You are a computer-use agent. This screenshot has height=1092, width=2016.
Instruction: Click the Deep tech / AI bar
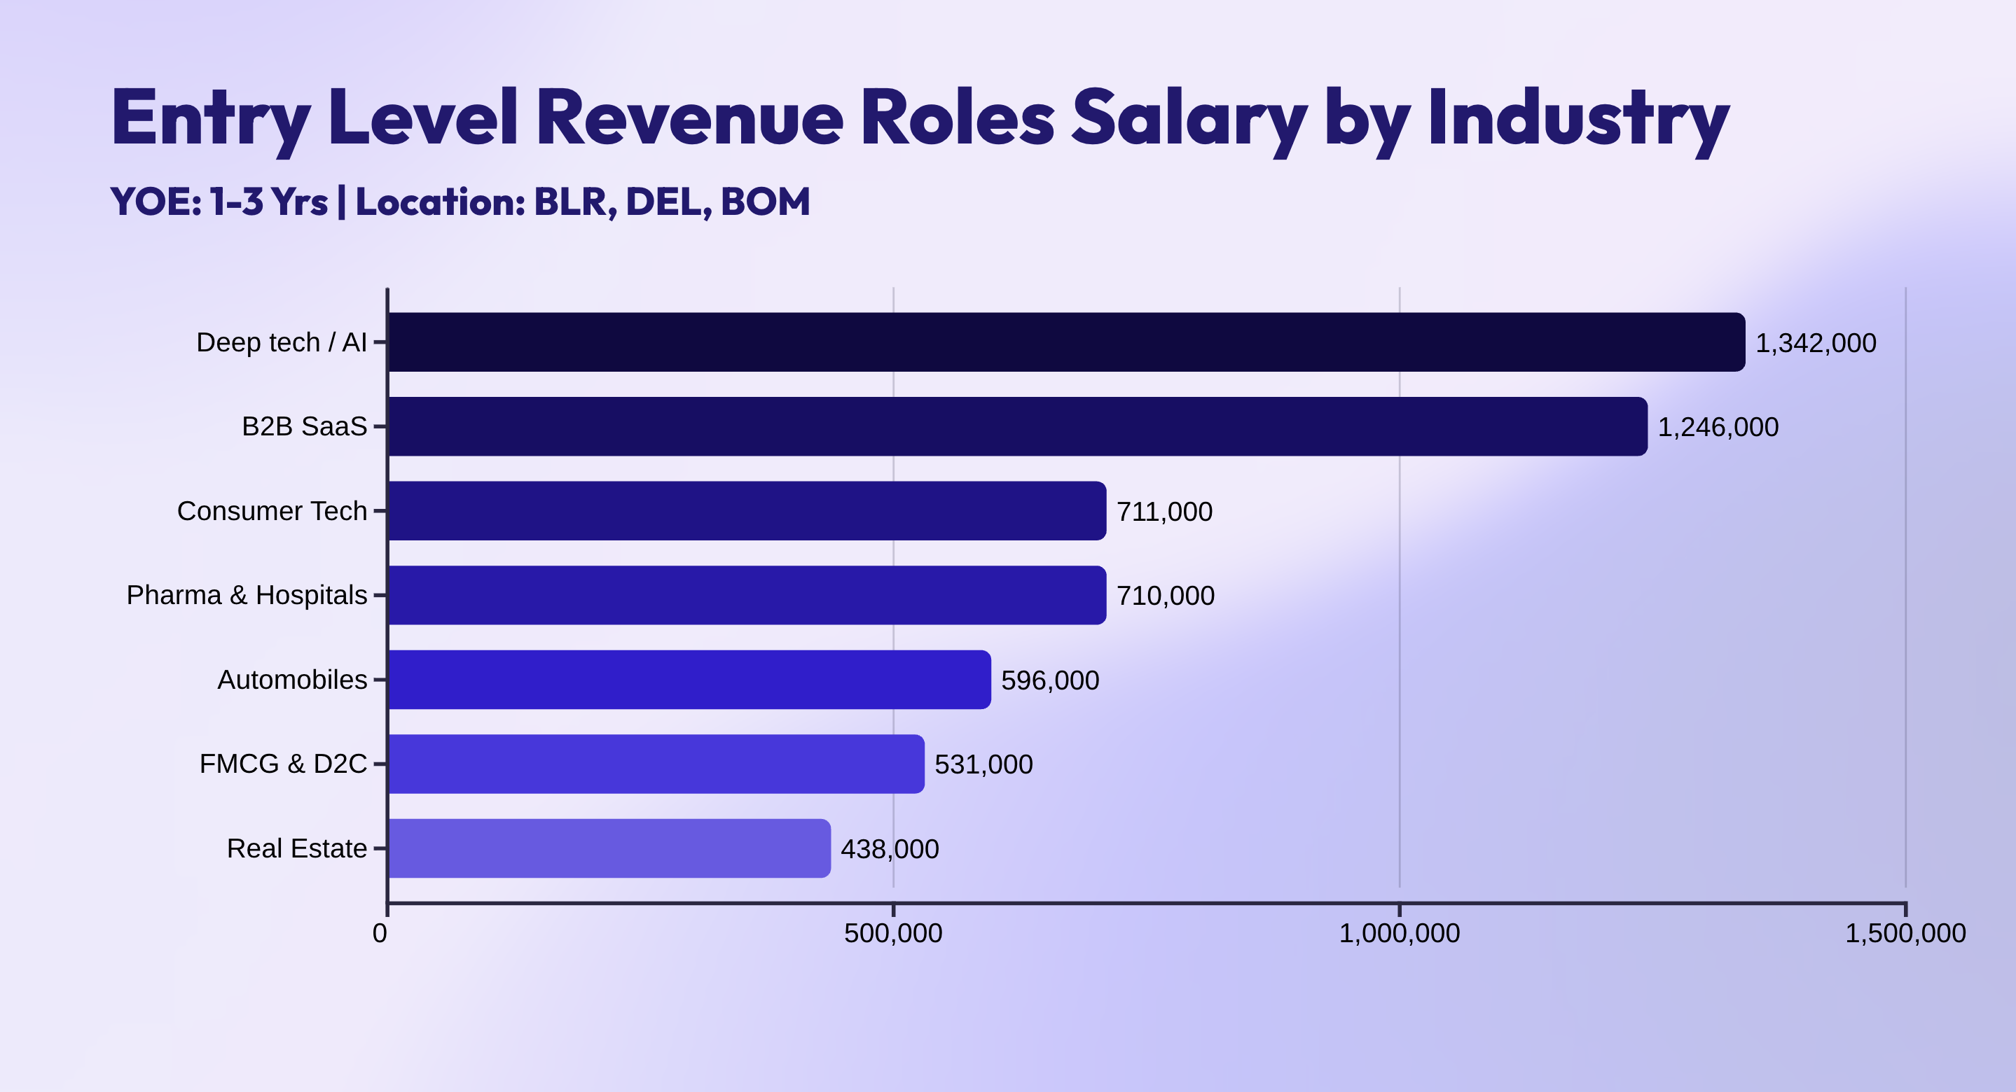[x=1066, y=342]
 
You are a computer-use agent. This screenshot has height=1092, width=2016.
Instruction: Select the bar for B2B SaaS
[x=1017, y=426]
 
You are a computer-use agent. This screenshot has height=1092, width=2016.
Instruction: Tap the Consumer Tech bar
[x=747, y=511]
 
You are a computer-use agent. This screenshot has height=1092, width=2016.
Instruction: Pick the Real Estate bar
[x=609, y=848]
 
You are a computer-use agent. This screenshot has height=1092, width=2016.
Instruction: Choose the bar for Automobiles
[x=689, y=680]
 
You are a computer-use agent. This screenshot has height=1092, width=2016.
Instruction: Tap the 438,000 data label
[x=889, y=848]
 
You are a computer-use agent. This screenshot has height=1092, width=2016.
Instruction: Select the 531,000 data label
[x=983, y=764]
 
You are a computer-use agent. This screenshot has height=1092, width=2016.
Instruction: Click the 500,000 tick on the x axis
[x=893, y=933]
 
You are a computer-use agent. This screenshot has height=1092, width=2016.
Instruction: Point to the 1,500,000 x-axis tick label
[x=1905, y=933]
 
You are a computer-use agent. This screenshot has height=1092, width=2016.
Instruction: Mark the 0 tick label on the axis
[x=380, y=933]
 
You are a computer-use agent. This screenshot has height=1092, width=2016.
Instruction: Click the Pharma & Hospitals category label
[x=247, y=595]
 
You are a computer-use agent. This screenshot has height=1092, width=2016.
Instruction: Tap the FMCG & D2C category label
[x=282, y=764]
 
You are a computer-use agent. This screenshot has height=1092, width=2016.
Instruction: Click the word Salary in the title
[x=1188, y=119]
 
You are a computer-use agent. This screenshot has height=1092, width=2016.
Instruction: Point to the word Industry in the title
[x=1577, y=119]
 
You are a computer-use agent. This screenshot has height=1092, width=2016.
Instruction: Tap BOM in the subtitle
[x=765, y=202]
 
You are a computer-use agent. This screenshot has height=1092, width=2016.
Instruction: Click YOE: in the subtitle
[x=156, y=202]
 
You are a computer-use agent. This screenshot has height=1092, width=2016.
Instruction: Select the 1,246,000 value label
[x=1718, y=427]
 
